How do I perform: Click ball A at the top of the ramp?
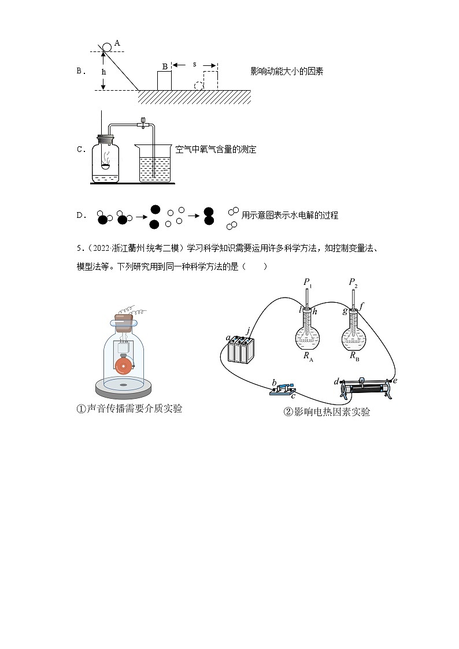pyautogui.click(x=108, y=46)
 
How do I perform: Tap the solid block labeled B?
pyautogui.click(x=165, y=80)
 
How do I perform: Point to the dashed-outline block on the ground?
pyautogui.click(x=210, y=80)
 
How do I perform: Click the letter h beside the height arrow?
pyautogui.click(x=104, y=72)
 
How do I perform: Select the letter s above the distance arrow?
pyautogui.click(x=194, y=64)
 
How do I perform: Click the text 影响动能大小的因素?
pyautogui.click(x=287, y=72)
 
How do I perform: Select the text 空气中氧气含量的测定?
pyautogui.click(x=216, y=150)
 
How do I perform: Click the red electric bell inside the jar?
pyautogui.click(x=123, y=366)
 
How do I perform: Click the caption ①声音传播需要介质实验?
pyautogui.click(x=129, y=409)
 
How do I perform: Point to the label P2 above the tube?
pyautogui.click(x=354, y=283)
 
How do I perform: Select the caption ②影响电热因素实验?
pyautogui.click(x=327, y=412)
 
